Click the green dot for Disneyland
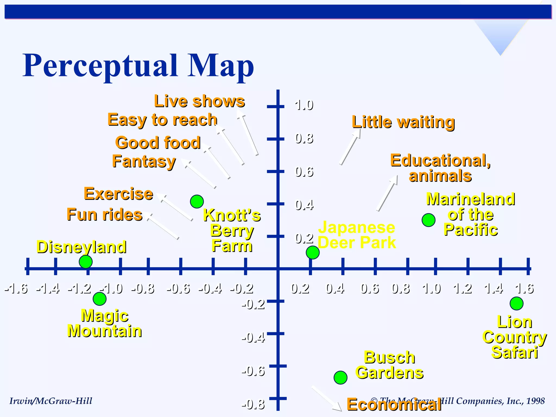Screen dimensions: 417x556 click(x=86, y=262)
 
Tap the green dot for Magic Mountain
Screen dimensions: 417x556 click(x=100, y=299)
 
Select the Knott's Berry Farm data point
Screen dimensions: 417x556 click(x=197, y=201)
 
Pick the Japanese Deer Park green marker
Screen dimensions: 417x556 click(x=313, y=252)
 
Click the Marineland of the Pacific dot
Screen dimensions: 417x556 click(x=429, y=220)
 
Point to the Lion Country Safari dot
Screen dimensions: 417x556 click(x=517, y=304)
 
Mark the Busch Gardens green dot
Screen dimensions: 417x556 click(x=340, y=377)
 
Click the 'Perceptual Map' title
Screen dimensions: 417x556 click(x=138, y=66)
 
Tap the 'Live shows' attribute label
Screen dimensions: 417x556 click(x=200, y=101)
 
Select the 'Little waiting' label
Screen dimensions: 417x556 click(x=403, y=122)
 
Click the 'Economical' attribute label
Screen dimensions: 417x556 click(x=394, y=405)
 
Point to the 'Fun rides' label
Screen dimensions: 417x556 click(x=105, y=214)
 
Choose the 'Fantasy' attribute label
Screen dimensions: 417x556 click(x=144, y=162)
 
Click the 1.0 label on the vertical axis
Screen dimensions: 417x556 click(x=304, y=105)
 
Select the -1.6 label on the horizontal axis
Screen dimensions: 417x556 click(x=16, y=289)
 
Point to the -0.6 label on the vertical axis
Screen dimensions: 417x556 click(x=253, y=371)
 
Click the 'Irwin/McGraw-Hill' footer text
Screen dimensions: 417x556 click(x=51, y=401)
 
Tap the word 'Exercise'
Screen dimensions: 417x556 click(x=118, y=194)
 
